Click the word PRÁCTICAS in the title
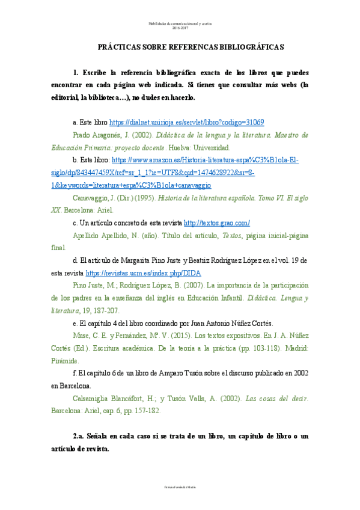(x=121, y=46)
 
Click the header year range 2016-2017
(x=180, y=28)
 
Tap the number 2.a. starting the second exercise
(x=81, y=435)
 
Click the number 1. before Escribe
(x=76, y=72)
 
